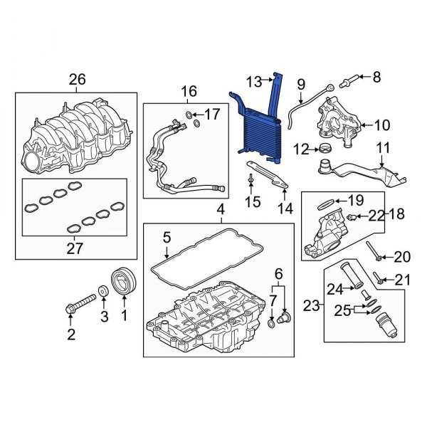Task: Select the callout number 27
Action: point(75,248)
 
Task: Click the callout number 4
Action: point(221,210)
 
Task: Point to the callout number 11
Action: point(384,149)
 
